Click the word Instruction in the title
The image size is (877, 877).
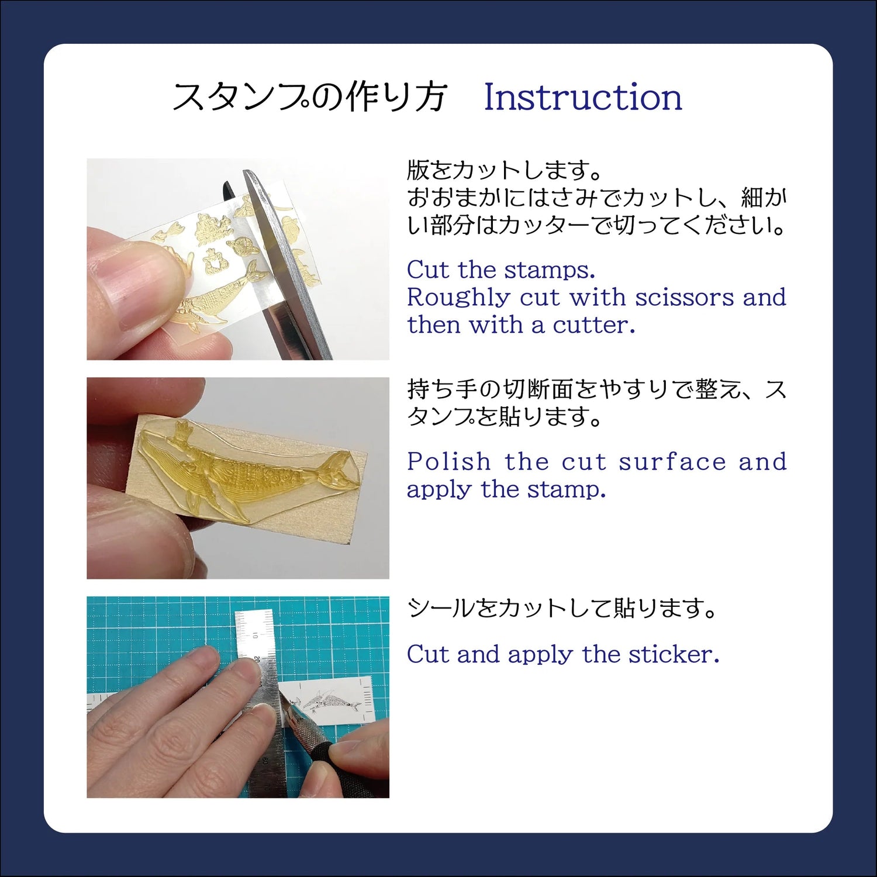tap(583, 97)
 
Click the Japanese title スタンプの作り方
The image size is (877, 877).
tap(310, 97)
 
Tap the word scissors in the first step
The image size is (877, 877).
tap(685, 298)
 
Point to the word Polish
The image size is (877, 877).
tap(449, 461)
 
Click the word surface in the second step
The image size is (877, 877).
tap(672, 462)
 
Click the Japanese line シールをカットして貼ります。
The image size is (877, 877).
tap(562, 609)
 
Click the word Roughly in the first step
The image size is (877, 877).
tap(458, 298)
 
